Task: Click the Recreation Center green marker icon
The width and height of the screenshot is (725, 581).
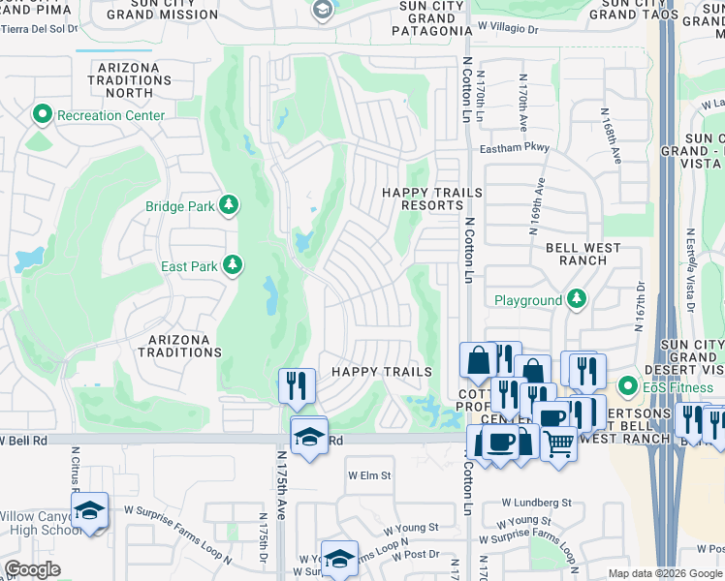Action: [42, 115]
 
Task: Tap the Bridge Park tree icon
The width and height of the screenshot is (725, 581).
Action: [229, 204]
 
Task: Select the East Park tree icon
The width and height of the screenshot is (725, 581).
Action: [232, 264]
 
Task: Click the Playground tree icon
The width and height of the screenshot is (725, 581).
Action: [577, 299]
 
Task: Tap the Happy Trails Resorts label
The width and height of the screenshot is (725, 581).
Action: [431, 199]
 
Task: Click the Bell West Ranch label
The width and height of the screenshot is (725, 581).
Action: [583, 255]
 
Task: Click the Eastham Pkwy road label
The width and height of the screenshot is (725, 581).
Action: [516, 148]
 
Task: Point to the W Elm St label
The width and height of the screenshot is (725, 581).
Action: [369, 475]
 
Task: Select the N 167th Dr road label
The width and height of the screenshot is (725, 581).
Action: [641, 307]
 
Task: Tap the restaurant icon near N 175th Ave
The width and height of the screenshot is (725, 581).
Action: [297, 384]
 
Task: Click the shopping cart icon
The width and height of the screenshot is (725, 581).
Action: [558, 444]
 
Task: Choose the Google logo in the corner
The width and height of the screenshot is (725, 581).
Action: [32, 569]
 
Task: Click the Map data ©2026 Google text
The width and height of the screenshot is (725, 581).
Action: [665, 573]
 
